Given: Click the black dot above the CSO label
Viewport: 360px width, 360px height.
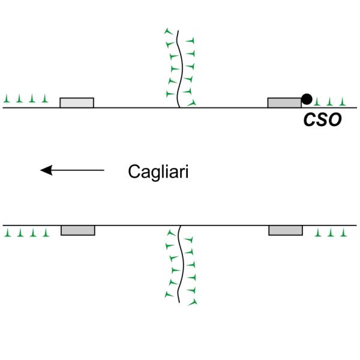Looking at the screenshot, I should [x=307, y=98].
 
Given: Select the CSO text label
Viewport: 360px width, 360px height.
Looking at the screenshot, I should [x=322, y=119].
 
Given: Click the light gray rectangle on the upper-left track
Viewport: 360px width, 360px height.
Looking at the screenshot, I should [x=77, y=103].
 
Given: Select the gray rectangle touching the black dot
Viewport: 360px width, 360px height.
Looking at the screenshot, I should [x=284, y=103].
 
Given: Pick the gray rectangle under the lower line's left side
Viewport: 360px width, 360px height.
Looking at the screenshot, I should [x=77, y=230].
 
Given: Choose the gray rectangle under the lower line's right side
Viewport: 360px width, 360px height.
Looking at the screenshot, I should [x=285, y=230].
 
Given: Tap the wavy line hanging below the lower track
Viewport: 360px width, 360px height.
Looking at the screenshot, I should [x=179, y=264].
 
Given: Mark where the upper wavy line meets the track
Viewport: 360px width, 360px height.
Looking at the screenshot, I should [x=178, y=107].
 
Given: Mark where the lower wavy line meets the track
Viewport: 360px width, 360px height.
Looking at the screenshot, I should [x=178, y=226].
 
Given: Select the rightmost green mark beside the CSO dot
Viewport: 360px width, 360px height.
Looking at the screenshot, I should [x=343, y=101].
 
